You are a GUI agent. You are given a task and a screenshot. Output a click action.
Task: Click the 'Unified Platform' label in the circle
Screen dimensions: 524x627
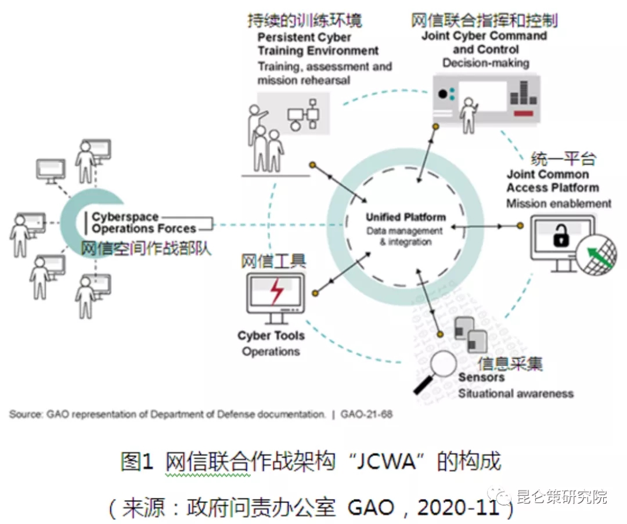click(406, 218)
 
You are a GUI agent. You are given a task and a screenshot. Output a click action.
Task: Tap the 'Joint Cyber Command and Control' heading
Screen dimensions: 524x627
click(484, 42)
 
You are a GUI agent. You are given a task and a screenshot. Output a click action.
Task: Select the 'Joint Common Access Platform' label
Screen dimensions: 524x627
click(552, 181)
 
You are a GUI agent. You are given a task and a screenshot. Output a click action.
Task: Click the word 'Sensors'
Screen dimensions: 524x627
click(481, 377)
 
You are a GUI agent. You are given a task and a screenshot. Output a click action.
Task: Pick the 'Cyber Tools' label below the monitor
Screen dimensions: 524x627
click(271, 335)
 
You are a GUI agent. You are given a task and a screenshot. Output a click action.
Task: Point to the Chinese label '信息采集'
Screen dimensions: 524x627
click(510, 363)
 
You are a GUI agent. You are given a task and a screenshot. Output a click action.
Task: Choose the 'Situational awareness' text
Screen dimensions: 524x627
click(516, 393)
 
